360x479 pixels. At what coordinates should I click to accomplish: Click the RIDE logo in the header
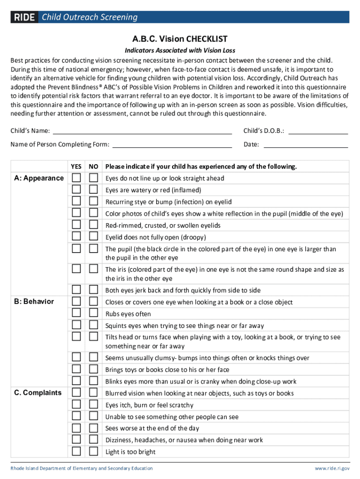pos(24,17)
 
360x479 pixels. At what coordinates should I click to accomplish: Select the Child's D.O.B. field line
pos(318,131)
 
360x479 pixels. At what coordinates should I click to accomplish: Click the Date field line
pos(306,145)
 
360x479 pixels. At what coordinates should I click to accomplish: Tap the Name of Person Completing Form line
pos(173,145)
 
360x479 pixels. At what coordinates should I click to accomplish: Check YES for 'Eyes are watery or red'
pos(76,189)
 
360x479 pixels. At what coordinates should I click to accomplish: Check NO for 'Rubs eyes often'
pos(94,313)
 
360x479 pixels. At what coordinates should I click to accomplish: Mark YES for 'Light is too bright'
pos(76,451)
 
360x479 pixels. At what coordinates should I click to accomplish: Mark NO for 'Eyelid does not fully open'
pos(94,236)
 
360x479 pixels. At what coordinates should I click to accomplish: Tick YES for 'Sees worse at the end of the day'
pos(76,428)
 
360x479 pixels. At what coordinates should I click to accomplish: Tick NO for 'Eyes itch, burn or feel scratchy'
pos(94,405)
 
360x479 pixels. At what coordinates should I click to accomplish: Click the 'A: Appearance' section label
pos(39,178)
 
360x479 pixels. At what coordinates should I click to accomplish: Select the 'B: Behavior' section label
pos(34,302)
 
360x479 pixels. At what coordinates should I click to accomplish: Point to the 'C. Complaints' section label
pos(37,393)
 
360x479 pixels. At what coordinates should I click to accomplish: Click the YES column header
pos(76,167)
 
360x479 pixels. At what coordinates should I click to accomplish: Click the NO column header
pos(94,167)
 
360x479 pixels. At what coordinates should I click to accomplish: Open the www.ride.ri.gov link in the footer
pos(331,468)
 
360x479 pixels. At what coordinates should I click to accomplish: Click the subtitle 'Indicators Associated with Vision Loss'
pos(180,51)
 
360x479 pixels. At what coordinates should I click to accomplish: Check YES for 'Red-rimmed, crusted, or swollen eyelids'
pos(76,225)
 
